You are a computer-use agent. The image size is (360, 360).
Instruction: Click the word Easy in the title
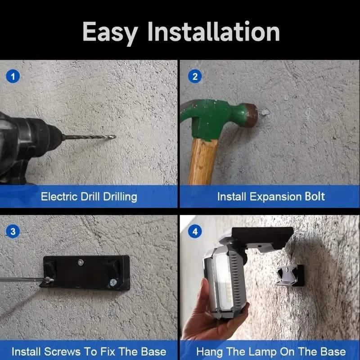tap(110, 32)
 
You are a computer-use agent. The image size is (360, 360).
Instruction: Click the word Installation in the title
tap(213, 31)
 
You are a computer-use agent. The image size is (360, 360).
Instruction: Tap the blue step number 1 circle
tap(13, 76)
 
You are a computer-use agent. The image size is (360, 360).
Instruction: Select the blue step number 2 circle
tap(195, 76)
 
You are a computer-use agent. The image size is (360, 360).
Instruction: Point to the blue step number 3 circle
tap(13, 231)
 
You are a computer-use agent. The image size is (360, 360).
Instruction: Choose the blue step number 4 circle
tap(195, 231)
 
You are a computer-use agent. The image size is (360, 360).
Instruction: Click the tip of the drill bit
tap(115, 137)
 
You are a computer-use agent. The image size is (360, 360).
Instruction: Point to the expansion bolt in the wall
tap(265, 112)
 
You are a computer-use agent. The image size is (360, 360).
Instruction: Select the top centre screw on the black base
tap(81, 262)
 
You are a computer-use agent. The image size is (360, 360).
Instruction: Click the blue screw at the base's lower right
tap(113, 282)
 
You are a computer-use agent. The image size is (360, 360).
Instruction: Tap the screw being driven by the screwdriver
tap(48, 280)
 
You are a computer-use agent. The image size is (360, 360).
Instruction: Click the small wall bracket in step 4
tap(290, 275)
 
